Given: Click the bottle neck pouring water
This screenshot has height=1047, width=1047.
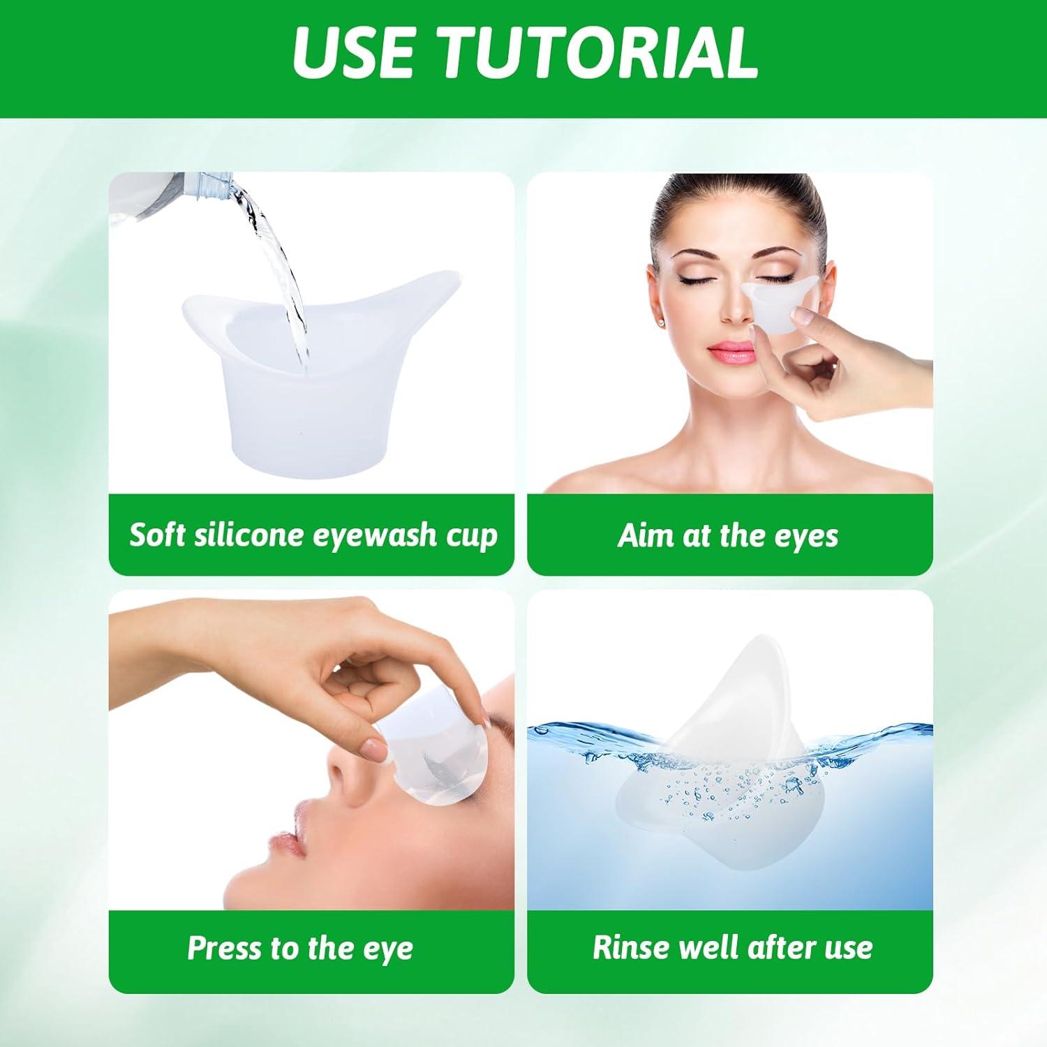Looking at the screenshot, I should [x=222, y=186].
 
